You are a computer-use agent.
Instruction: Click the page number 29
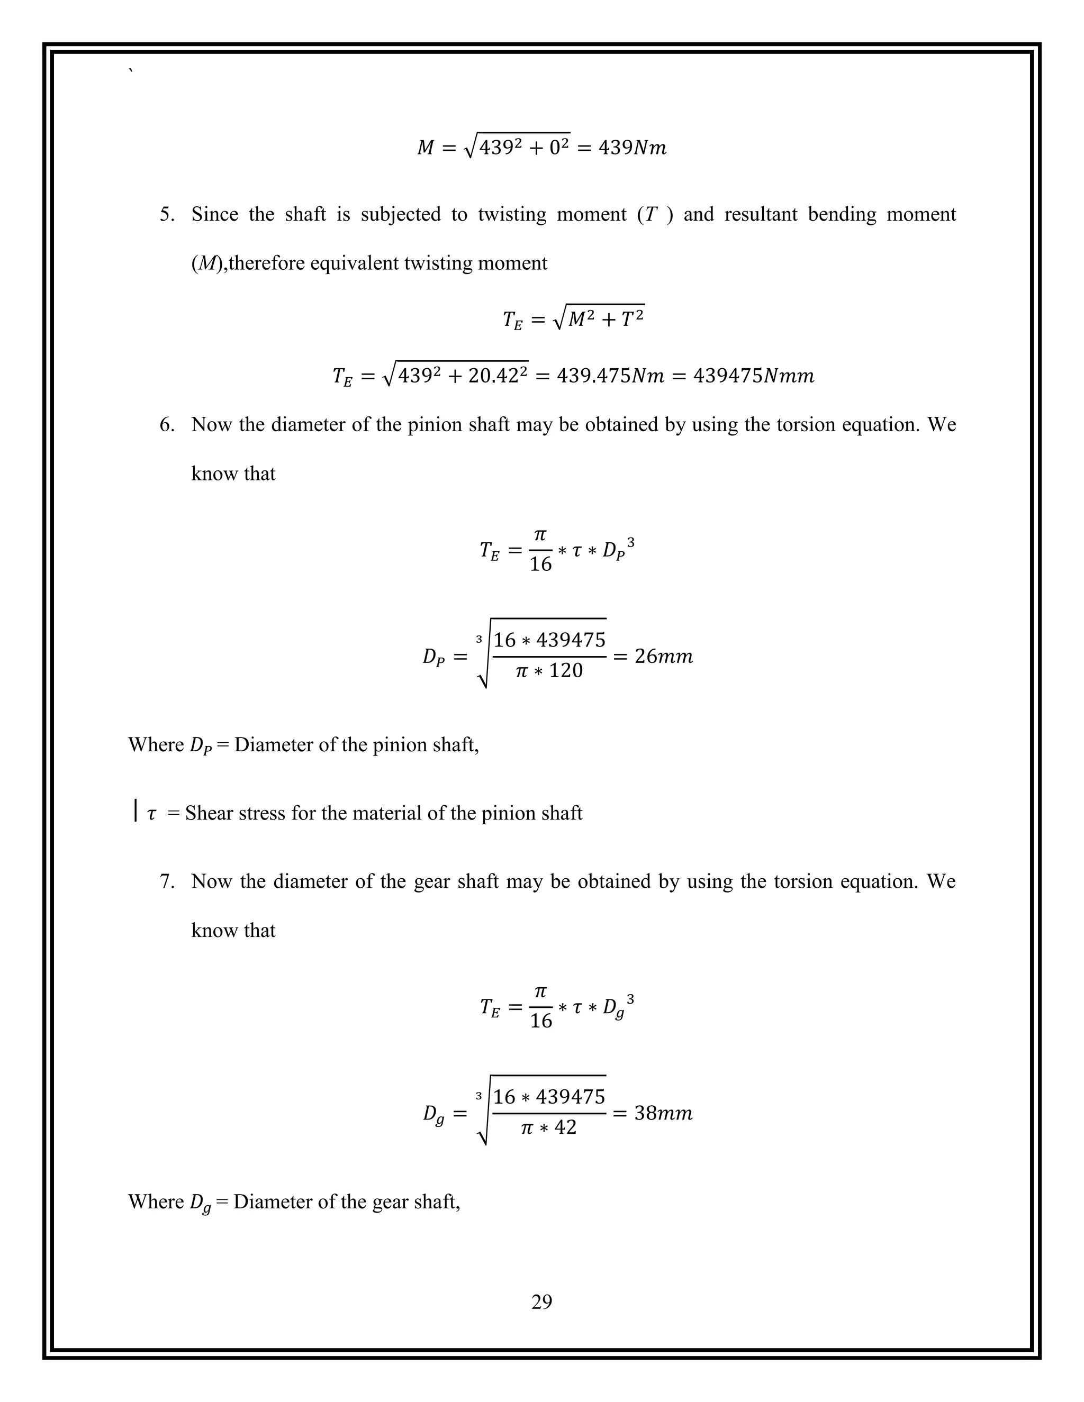[541, 1301]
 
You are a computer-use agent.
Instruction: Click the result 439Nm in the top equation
[632, 148]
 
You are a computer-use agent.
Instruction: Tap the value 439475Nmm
[753, 376]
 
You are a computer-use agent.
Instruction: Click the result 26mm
[663, 657]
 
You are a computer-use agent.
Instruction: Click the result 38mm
[663, 1114]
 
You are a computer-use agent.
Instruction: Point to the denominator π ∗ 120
[549, 671]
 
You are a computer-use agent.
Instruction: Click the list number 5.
[166, 214]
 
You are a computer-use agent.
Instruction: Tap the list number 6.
[166, 425]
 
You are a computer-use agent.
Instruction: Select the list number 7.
[166, 882]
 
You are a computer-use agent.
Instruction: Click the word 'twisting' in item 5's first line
[512, 214]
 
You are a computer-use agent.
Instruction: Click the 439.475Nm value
[610, 376]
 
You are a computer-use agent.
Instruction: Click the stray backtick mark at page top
[131, 71]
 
